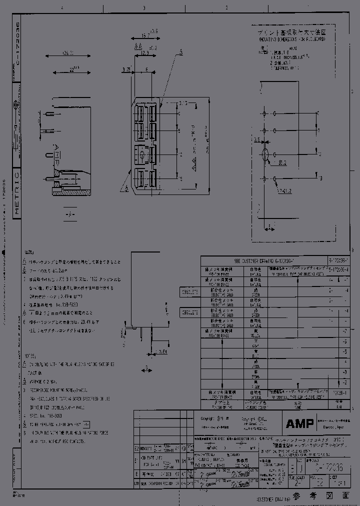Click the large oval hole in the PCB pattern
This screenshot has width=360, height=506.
point(265,153)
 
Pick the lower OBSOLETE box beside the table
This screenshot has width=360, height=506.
point(189,312)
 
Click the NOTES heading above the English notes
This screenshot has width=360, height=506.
point(29,356)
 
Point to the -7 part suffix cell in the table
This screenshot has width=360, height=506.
point(344,331)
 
